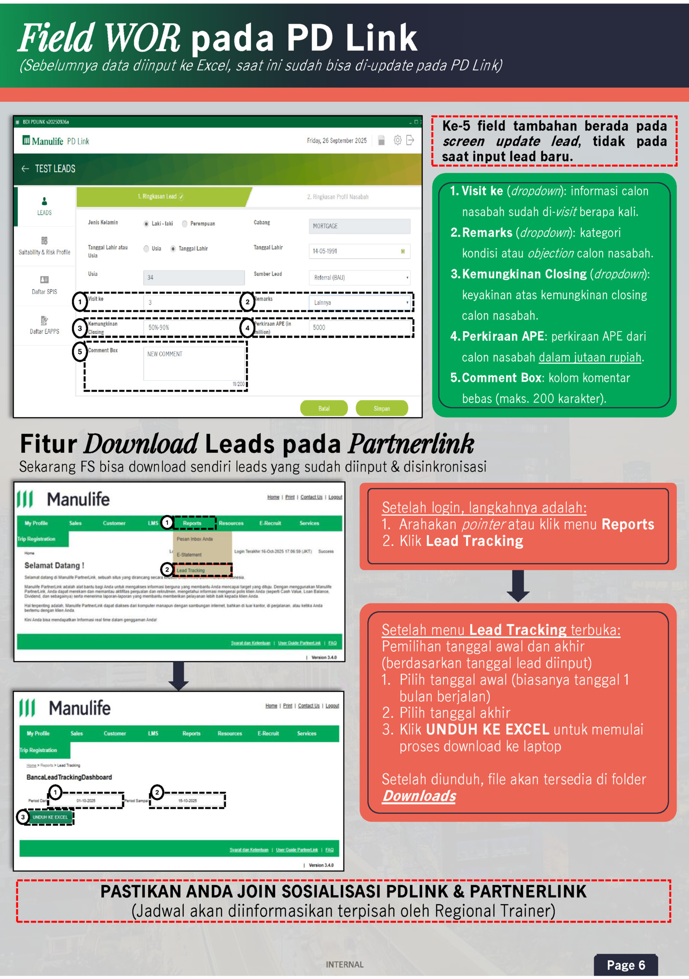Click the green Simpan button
point(381,408)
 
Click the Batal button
point(324,408)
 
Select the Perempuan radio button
point(185,224)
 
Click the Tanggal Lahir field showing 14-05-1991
point(358,251)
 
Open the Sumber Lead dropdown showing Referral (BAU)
point(359,278)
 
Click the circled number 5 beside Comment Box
point(80,351)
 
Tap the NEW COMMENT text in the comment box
point(165,354)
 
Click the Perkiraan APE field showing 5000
point(358,327)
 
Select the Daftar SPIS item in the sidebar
point(44,285)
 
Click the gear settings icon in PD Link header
point(397,140)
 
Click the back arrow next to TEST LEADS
point(25,168)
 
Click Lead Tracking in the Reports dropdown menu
point(191,570)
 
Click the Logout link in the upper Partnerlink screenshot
point(335,497)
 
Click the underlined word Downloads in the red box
point(419,796)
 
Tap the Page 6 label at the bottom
point(625,965)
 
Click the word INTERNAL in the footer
point(344,965)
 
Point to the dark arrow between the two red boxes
point(518,586)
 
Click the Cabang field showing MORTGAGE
point(359,226)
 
